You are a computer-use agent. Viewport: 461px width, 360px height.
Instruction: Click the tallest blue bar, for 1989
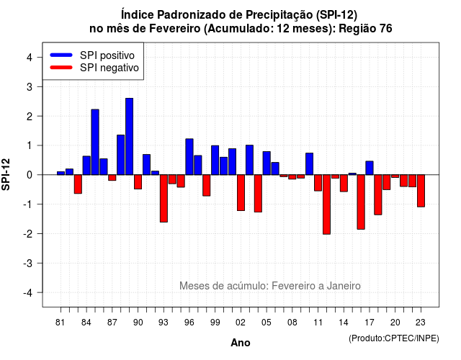(x=130, y=136)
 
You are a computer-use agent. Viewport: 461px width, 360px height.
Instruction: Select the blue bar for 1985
(x=95, y=142)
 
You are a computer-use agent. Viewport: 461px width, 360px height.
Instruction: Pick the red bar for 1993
(x=164, y=199)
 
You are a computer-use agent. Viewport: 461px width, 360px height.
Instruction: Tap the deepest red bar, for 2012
(x=326, y=204)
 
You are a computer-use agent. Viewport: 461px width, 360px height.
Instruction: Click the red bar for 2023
(x=421, y=191)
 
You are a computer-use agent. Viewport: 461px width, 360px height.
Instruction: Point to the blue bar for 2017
(x=370, y=168)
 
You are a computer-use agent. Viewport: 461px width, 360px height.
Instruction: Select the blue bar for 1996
(x=189, y=157)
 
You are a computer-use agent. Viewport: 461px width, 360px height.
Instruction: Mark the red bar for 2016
(x=361, y=202)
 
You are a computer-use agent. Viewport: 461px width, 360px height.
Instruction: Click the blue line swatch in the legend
(x=61, y=55)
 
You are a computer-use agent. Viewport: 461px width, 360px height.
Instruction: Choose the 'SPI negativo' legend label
(x=109, y=68)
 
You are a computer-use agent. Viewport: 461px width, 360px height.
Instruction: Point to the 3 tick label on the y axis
(x=29, y=86)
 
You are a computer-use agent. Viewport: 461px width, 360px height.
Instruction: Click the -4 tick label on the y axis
(x=28, y=293)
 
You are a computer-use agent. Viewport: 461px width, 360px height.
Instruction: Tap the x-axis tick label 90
(x=138, y=323)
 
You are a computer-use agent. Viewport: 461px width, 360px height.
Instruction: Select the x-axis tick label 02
(x=241, y=323)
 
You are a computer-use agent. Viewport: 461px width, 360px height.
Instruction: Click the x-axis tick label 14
(x=344, y=323)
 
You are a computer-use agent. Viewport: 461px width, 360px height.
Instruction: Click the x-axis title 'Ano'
(x=241, y=343)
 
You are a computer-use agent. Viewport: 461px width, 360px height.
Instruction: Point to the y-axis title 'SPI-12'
(x=6, y=174)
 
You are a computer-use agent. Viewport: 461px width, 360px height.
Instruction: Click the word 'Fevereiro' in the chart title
(x=174, y=29)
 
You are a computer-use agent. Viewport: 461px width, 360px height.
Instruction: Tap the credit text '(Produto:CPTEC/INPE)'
(x=394, y=338)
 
